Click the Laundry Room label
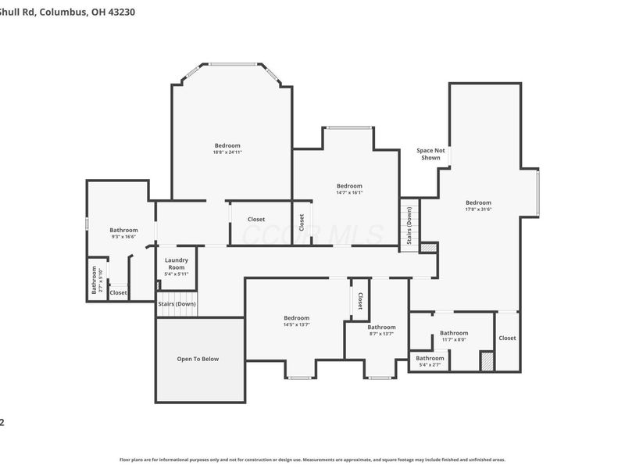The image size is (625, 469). [x=176, y=263]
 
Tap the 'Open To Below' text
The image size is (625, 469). [x=198, y=359]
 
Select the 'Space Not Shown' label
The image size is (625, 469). [x=430, y=154]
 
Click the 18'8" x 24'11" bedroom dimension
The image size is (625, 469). [x=227, y=152]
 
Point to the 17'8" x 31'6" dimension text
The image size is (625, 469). [x=478, y=209]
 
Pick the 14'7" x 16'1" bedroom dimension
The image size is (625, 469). [x=349, y=192]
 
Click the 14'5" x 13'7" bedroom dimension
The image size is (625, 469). [x=296, y=324]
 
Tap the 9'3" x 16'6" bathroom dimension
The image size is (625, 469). [x=123, y=236]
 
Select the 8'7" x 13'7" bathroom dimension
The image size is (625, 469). [x=381, y=334]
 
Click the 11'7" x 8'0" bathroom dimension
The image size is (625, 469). [x=453, y=339]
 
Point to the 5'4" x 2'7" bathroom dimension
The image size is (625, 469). [x=430, y=365]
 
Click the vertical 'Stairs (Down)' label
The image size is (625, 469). [x=410, y=227]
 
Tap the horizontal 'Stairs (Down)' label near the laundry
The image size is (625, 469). [x=177, y=303]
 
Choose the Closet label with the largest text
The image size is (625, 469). [x=256, y=220]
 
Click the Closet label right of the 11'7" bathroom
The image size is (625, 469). [x=507, y=338]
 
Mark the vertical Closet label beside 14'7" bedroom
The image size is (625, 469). [x=302, y=222]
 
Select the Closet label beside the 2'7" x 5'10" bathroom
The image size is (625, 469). [x=118, y=292]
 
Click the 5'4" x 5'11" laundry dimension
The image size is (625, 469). [x=176, y=274]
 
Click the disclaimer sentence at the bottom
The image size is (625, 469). [x=312, y=460]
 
